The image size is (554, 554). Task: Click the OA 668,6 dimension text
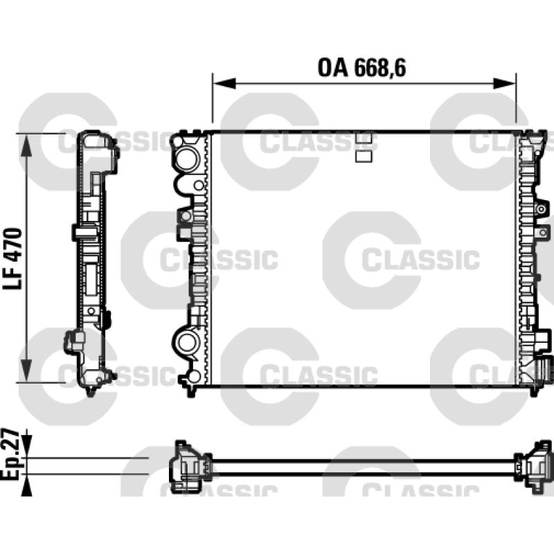pyautogui.click(x=361, y=67)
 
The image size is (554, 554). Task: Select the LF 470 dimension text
pyautogui.click(x=13, y=259)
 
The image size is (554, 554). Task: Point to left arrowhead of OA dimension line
pyautogui.click(x=224, y=83)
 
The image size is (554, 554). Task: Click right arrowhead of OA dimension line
pyautogui.click(x=505, y=83)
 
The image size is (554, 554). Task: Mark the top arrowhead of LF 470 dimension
pyautogui.click(x=26, y=145)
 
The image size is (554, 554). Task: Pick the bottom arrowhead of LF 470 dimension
pyautogui.click(x=26, y=370)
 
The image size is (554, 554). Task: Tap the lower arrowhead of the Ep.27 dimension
pyautogui.click(x=26, y=485)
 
